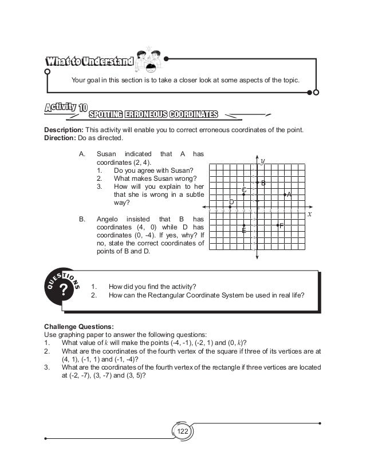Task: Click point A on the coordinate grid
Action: [285, 196]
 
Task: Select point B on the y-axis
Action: [257, 182]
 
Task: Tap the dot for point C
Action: [244, 195]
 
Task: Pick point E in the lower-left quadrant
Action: [244, 225]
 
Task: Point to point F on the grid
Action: [278, 225]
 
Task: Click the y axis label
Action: [262, 161]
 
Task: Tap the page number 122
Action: [183, 431]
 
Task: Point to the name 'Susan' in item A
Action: [107, 154]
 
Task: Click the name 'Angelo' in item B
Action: [108, 219]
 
